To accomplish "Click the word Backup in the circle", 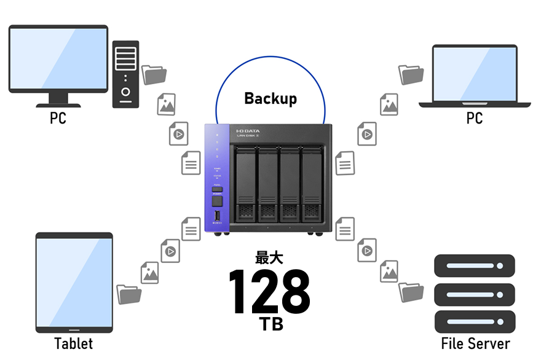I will pos(270,98).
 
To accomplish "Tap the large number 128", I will pos(269,291).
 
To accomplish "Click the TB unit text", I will pos(270,324).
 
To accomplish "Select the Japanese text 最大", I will pos(269,258).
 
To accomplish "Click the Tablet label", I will pos(74,343).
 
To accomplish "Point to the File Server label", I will pos(475,343).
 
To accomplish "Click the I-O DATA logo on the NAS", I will pos(248,131).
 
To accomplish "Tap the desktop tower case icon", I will pos(125,74).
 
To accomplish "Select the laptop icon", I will pos(475,76).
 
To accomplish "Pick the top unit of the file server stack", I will pos(475,266).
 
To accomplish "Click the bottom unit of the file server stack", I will pos(475,321).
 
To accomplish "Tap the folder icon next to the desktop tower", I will pos(154,74).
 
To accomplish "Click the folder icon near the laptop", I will pos(411,74).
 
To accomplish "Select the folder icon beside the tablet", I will pos(129,294).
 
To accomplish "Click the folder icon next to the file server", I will pos(411,292).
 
